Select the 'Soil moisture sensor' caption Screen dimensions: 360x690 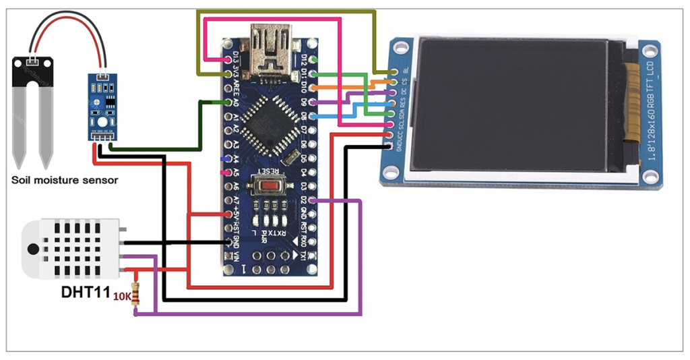(65, 180)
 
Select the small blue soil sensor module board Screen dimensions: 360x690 (102, 104)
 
